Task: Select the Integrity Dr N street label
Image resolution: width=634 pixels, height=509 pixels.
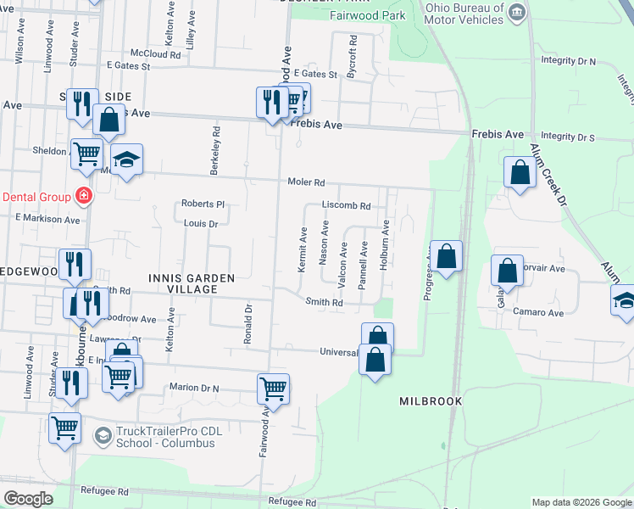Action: click(x=581, y=62)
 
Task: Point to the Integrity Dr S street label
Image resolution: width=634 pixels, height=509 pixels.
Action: click(x=581, y=137)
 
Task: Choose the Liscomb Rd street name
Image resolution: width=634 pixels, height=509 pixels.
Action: click(x=346, y=205)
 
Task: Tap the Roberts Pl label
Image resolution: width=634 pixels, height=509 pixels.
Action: click(x=203, y=204)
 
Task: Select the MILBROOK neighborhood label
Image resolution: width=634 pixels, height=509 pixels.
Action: click(x=431, y=400)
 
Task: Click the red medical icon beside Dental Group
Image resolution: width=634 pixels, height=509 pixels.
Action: click(x=83, y=196)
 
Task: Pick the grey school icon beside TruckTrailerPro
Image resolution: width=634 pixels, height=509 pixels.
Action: click(x=103, y=436)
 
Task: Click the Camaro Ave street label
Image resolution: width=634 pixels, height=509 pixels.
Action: click(x=538, y=312)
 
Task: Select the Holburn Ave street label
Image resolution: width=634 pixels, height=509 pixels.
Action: click(x=385, y=244)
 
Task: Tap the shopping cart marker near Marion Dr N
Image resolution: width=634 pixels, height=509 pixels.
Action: click(x=273, y=389)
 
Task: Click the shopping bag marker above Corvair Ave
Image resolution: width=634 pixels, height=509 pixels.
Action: click(x=507, y=271)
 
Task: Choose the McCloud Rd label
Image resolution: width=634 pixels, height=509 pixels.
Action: click(x=157, y=54)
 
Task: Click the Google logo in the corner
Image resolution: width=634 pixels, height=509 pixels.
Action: click(x=28, y=499)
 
